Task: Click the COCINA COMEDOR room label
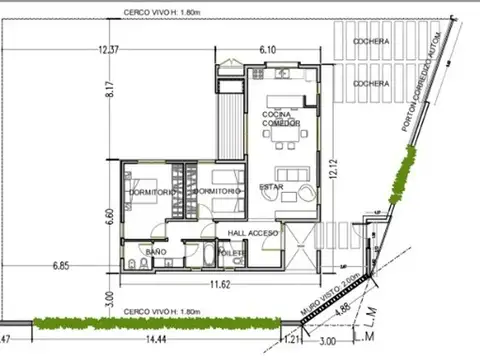tap(281, 119)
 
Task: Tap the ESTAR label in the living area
tap(271, 187)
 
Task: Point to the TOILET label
tap(231, 254)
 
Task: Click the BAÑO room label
tap(156, 252)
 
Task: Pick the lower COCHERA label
tap(371, 84)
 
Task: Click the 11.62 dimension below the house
tap(219, 285)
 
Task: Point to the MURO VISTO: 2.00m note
tap(333, 292)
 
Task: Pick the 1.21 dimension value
tap(291, 341)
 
